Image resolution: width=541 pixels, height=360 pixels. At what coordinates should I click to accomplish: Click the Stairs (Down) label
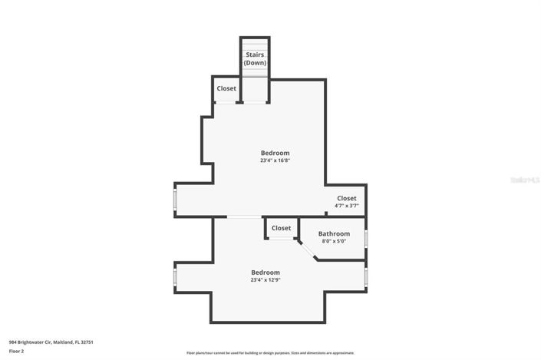pos(256,58)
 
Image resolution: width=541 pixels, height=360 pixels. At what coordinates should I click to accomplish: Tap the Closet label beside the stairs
pos(226,88)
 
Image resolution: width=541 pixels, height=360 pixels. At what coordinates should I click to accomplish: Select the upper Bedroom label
pos(275,153)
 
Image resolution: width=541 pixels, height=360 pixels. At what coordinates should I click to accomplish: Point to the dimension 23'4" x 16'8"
pos(275,160)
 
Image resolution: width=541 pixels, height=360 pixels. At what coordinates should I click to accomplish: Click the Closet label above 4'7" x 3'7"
pos(346,198)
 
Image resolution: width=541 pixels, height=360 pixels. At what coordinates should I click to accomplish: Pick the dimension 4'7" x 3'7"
pos(346,206)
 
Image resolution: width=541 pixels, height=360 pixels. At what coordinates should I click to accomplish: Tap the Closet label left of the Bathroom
pos(281,228)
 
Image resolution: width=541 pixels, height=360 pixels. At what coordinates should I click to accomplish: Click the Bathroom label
pos(334,233)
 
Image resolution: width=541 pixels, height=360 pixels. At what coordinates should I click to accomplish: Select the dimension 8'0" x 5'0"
pos(334,241)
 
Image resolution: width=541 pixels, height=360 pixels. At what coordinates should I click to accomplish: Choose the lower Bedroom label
pos(265,272)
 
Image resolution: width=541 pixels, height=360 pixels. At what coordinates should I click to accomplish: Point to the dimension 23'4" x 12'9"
pos(265,280)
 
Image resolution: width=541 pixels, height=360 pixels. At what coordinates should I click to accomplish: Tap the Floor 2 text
pos(17,351)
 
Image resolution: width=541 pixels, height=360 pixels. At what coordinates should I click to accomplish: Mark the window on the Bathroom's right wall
pos(366,238)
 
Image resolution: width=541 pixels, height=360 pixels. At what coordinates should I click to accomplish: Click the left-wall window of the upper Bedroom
pos(175,200)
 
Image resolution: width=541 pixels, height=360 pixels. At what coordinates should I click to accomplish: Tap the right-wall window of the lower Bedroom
pos(366,276)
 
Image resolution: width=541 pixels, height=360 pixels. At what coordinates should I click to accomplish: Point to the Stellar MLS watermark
pos(524,180)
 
